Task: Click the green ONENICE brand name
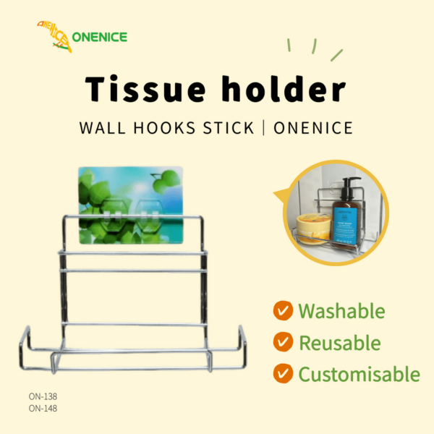(x=100, y=37)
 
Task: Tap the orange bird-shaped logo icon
(x=54, y=36)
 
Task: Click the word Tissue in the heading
(x=145, y=88)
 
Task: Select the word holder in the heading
(x=284, y=88)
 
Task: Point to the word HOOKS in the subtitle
(x=164, y=128)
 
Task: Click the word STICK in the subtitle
(x=229, y=128)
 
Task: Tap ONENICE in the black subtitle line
(x=313, y=128)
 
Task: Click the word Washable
(x=341, y=311)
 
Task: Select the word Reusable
(x=340, y=343)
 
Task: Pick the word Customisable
(x=359, y=374)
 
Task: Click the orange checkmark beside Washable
(x=283, y=310)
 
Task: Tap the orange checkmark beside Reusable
(x=283, y=342)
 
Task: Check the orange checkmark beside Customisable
(x=283, y=373)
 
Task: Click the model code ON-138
(x=43, y=396)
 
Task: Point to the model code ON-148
(x=43, y=408)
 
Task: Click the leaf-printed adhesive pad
(x=131, y=205)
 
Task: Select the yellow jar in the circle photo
(x=314, y=229)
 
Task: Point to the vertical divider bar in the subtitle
(x=264, y=128)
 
